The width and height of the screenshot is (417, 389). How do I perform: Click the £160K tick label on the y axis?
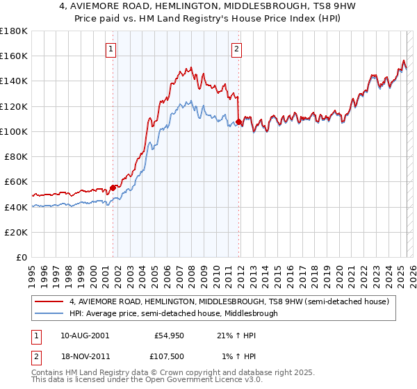[14, 56]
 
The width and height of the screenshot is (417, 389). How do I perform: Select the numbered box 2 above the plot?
[237, 49]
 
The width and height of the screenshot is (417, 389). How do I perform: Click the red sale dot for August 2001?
[113, 187]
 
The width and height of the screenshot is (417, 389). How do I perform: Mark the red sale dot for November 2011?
[238, 122]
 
